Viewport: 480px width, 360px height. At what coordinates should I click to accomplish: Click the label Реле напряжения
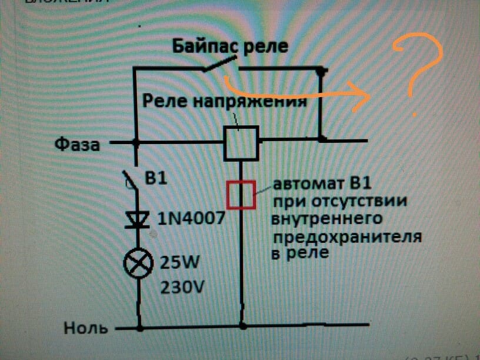[x=226, y=102]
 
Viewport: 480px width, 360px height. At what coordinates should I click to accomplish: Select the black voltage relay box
[x=241, y=143]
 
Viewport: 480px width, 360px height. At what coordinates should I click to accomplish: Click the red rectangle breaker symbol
[x=241, y=195]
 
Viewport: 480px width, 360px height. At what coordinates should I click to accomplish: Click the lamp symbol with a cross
[x=139, y=263]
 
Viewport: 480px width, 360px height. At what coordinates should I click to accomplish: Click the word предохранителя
[x=346, y=238]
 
